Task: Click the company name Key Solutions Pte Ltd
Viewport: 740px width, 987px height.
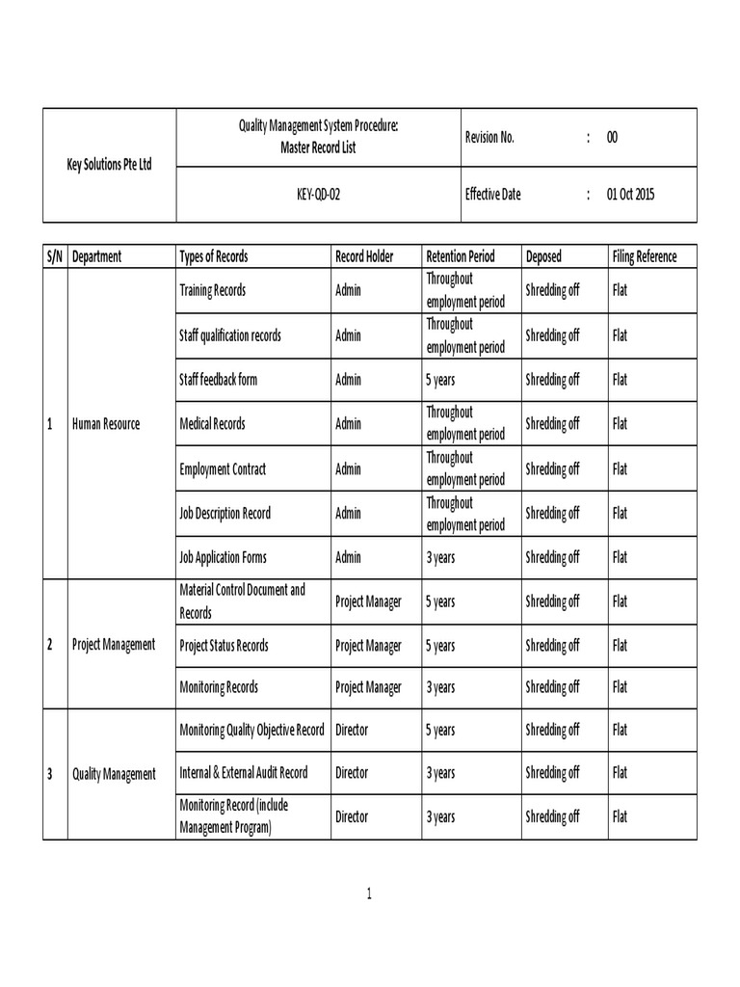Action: point(109,165)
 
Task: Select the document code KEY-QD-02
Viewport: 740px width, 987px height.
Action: point(318,194)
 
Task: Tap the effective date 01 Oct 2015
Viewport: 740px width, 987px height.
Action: point(630,194)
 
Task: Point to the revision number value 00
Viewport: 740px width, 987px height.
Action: point(612,137)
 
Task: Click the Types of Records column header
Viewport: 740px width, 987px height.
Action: point(213,256)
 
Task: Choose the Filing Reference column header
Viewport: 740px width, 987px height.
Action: point(644,256)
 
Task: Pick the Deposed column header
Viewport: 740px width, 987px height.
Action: point(543,256)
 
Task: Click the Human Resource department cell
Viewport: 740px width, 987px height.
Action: point(106,424)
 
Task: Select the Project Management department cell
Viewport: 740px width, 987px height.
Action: point(114,644)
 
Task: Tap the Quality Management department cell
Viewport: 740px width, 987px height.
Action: point(114,774)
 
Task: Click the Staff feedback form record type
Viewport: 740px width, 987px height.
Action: point(218,380)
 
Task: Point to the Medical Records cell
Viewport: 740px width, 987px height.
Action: point(212,424)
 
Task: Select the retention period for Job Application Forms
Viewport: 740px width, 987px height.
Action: point(440,557)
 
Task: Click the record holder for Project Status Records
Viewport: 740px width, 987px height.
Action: point(368,645)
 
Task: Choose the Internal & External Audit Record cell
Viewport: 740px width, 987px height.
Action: point(244,773)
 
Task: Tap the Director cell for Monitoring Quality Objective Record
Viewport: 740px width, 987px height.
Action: point(352,731)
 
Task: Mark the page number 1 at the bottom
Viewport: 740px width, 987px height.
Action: point(369,894)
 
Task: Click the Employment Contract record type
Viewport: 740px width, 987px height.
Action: point(223,469)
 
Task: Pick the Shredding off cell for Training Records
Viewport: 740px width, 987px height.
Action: point(552,290)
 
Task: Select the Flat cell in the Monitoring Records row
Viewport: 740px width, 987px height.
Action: point(620,687)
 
